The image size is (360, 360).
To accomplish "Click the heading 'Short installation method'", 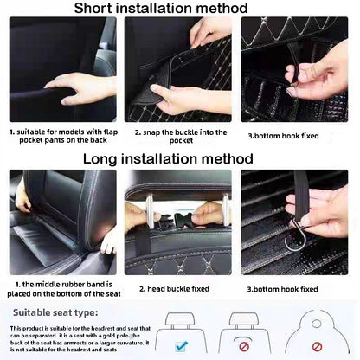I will pos(179,9).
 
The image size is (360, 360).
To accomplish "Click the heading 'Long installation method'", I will pos(180,159).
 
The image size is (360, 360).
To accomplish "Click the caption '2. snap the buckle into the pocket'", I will pos(180,137).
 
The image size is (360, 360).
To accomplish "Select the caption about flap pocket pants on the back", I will pos(61,137).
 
